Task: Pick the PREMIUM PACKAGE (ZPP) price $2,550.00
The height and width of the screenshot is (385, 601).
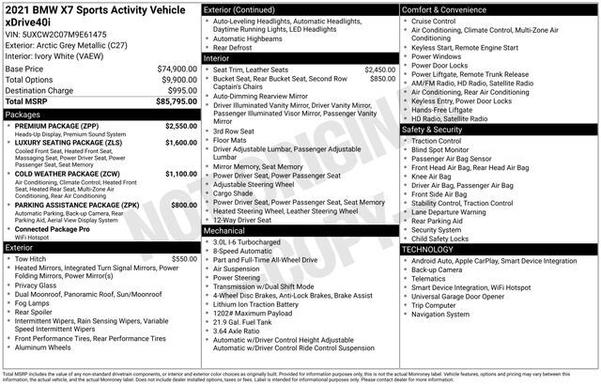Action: click(x=180, y=125)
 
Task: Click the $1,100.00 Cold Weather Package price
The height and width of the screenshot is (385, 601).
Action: click(x=180, y=174)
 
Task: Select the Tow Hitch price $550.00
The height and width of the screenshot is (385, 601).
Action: click(x=184, y=258)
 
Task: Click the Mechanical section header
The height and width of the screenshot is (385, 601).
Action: click(x=223, y=230)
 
